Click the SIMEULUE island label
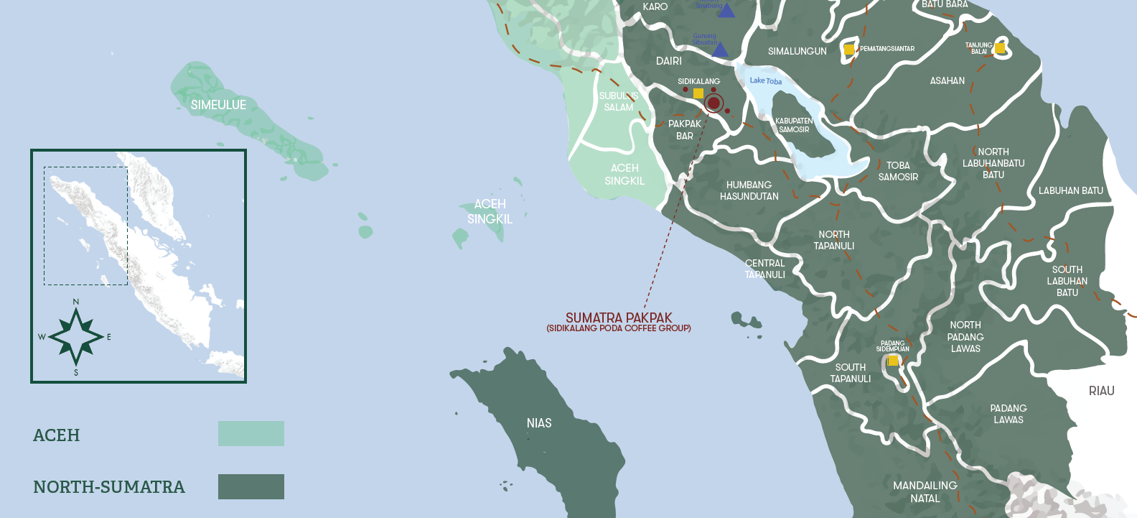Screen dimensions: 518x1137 pyautogui.click(x=218, y=105)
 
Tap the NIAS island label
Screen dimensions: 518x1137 pyautogui.click(x=539, y=423)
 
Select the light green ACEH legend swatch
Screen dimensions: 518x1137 pyautogui.click(x=251, y=434)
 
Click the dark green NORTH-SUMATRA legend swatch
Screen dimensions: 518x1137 pyautogui.click(x=251, y=486)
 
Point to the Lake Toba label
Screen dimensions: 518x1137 pyautogui.click(x=766, y=80)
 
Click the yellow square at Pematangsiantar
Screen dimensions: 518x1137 pyautogui.click(x=849, y=50)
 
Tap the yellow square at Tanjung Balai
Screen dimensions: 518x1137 pyautogui.click(x=999, y=48)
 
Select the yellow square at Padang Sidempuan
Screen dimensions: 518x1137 pyautogui.click(x=893, y=361)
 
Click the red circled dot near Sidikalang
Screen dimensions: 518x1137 pyautogui.click(x=713, y=103)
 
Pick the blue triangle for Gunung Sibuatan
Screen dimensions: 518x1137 pyautogui.click(x=720, y=50)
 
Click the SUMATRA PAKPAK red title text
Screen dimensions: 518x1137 pyautogui.click(x=619, y=318)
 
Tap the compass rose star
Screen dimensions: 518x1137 pyautogui.click(x=76, y=336)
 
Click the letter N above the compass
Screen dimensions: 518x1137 pyautogui.click(x=76, y=302)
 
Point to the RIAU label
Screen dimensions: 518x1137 pyautogui.click(x=1101, y=391)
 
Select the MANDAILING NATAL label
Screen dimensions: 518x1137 pyautogui.click(x=925, y=492)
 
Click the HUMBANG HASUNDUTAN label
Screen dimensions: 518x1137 pyautogui.click(x=749, y=190)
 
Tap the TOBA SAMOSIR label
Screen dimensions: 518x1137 pyautogui.click(x=898, y=171)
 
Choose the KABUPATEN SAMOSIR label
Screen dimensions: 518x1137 pyautogui.click(x=794, y=125)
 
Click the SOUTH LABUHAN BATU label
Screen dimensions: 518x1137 pyautogui.click(x=1067, y=281)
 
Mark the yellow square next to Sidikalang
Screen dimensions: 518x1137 pyautogui.click(x=698, y=93)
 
